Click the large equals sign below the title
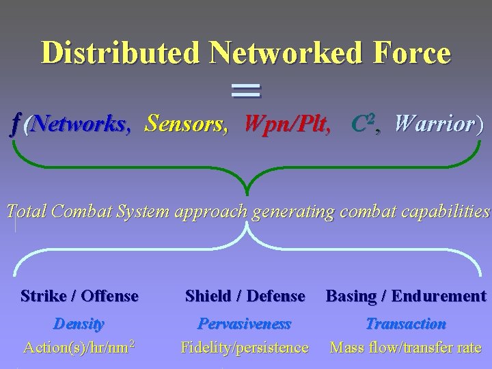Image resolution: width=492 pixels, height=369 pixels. (x=246, y=90)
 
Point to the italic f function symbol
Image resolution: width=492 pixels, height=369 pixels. (x=16, y=124)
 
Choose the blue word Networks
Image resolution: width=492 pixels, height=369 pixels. (x=77, y=124)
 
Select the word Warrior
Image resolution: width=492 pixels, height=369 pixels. (x=435, y=124)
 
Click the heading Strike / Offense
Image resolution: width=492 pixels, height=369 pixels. (x=80, y=296)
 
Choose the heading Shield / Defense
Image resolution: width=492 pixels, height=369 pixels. (x=245, y=296)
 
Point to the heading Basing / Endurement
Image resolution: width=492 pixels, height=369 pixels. (x=406, y=296)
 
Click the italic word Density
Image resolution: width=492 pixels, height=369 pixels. (x=79, y=323)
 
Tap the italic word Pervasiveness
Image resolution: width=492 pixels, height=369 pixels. (x=244, y=323)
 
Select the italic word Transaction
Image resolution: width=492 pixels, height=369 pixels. (x=406, y=323)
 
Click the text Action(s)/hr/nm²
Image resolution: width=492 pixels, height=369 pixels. (x=79, y=347)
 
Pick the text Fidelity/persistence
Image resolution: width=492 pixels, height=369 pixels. (x=244, y=347)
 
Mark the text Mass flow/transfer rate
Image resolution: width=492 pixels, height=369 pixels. (x=406, y=347)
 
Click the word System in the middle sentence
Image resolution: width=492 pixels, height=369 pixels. (x=143, y=212)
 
